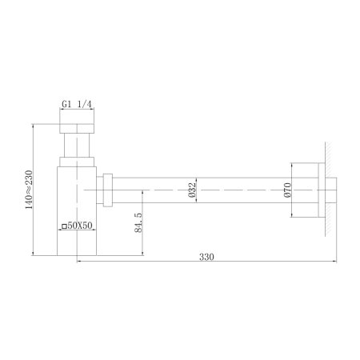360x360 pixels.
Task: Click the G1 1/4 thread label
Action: (78, 104)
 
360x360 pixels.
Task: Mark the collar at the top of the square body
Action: (78, 163)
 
